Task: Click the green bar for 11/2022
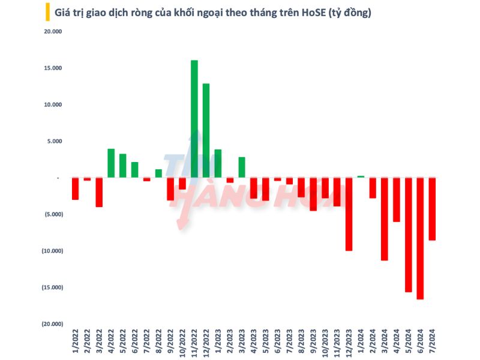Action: coord(194,119)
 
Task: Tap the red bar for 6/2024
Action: coord(420,238)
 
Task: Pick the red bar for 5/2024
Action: coord(408,235)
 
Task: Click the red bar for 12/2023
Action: coord(349,214)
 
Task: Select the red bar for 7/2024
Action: coord(432,209)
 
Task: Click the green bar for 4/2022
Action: coord(111,163)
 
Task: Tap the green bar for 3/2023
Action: coord(242,167)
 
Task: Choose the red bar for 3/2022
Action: coord(99,192)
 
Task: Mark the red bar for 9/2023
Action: coord(313,194)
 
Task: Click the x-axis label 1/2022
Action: coord(75,344)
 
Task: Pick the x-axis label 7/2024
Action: coord(432,344)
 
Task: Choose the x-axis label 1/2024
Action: coord(361,344)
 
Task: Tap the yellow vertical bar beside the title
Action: coord(47,12)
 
